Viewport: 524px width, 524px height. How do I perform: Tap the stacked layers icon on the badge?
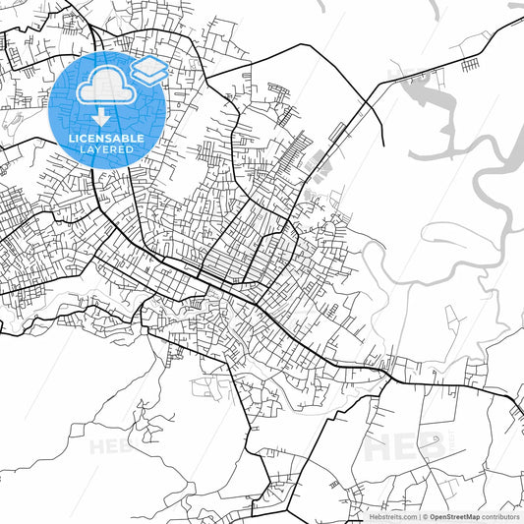tap(149, 70)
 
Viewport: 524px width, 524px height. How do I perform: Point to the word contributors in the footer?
tap(500, 516)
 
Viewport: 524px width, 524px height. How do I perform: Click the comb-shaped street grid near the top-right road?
tap(470, 65)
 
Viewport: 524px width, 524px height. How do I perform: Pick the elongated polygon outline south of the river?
tap(451, 319)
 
